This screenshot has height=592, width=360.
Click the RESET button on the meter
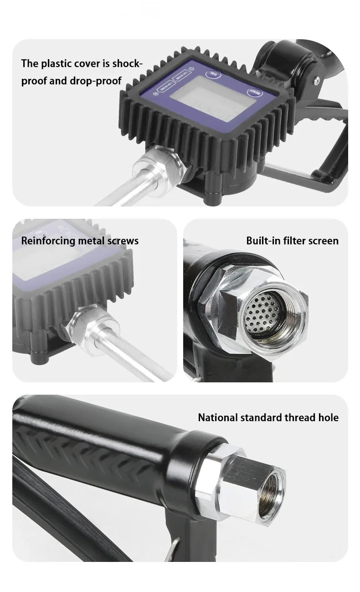click(254, 91)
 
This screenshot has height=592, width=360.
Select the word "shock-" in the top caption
click(127, 63)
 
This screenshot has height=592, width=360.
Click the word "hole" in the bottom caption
click(328, 417)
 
